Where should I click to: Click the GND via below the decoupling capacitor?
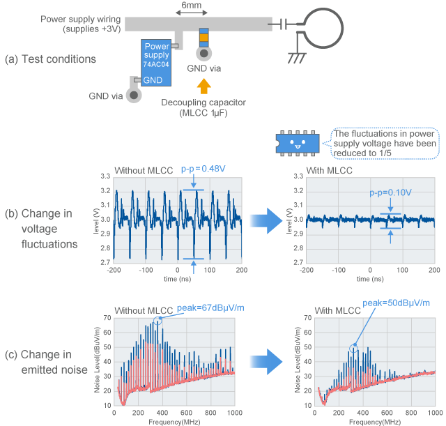(203, 54)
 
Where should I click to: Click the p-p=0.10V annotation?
(390, 191)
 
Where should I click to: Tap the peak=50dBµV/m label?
(394, 303)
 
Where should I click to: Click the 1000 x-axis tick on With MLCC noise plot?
(433, 413)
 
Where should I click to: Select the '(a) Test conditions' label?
(49, 59)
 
